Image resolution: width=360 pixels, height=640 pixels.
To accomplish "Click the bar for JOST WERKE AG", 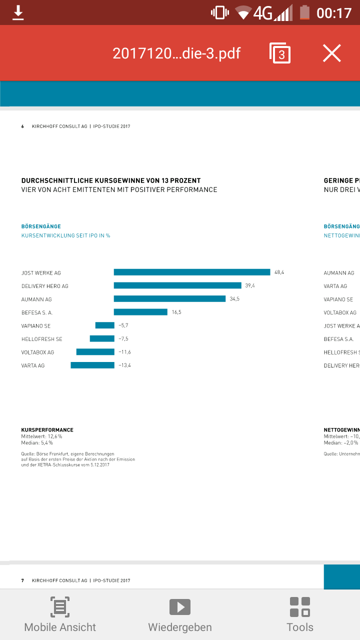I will (192, 272).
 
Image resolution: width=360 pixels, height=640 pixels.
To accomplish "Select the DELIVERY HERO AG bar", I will (177, 285).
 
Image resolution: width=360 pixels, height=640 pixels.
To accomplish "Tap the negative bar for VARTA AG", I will (92, 365).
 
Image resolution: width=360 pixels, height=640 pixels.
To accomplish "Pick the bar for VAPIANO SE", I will (105, 325).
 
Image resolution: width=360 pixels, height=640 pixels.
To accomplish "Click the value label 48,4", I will (279, 272).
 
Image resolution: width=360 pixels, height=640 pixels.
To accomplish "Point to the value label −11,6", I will (124, 352).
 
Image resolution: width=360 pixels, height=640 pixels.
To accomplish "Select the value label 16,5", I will (176, 312).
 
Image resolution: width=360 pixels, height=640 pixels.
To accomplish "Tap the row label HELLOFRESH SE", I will (42, 339).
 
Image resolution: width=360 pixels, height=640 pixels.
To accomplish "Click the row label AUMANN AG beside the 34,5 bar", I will (36, 299).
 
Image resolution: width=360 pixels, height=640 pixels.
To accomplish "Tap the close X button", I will (331, 53).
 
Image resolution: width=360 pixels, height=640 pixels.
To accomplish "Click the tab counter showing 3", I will (280, 53).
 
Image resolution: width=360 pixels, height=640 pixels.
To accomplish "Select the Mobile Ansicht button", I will (60, 614).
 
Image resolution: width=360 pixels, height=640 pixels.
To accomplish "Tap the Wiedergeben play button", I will (180, 614).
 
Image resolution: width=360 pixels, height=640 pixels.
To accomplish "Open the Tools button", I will (300, 614).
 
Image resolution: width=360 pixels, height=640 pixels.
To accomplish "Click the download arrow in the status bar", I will (18, 12).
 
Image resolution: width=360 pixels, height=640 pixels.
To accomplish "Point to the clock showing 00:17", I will (334, 12).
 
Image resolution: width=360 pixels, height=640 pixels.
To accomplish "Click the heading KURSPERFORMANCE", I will (47, 430).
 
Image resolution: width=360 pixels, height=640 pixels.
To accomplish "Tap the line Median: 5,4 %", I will (37, 443).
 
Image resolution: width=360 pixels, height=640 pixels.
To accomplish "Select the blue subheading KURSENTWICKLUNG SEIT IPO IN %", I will (65, 235).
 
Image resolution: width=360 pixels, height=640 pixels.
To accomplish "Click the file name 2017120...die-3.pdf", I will (176, 53).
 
